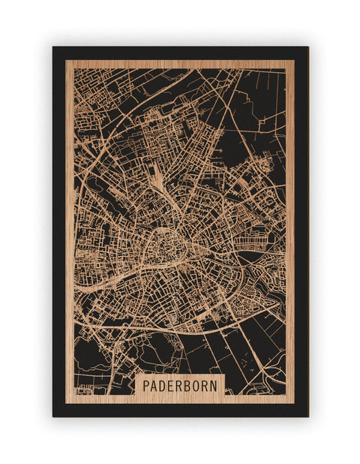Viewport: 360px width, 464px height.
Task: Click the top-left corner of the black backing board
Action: point(53,47)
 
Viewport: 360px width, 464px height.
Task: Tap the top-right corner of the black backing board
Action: point(307,47)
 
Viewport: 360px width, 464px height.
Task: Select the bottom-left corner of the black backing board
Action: point(53,416)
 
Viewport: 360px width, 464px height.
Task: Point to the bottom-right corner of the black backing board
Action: point(307,416)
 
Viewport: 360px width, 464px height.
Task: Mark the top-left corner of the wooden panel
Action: point(66,60)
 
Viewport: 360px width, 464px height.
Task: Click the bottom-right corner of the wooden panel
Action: point(294,403)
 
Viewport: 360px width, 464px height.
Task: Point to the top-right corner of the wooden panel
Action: point(294,60)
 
